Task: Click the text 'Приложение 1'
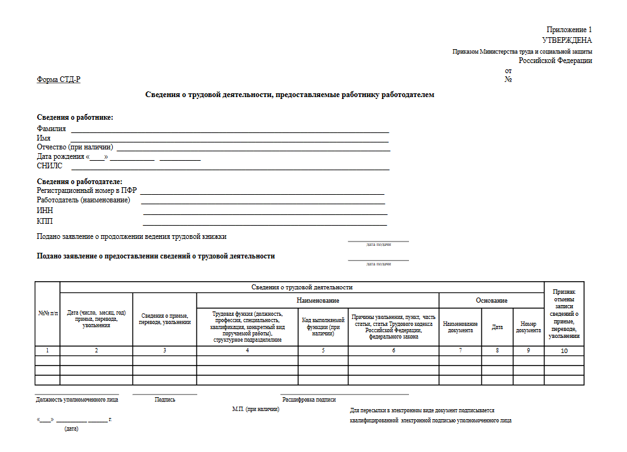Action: click(x=569, y=30)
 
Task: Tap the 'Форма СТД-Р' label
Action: click(x=59, y=79)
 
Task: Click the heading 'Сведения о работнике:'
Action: click(x=75, y=117)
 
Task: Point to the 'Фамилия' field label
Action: click(x=52, y=129)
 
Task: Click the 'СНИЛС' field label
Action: click(x=50, y=166)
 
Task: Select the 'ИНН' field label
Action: click(x=45, y=211)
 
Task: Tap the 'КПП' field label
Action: click(x=45, y=221)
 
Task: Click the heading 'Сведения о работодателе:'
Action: click(x=79, y=182)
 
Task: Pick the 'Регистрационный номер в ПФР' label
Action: click(x=87, y=190)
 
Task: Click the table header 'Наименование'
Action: click(x=318, y=301)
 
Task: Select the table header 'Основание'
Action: click(x=492, y=301)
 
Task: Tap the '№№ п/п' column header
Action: click(x=47, y=314)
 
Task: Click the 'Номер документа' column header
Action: click(x=528, y=327)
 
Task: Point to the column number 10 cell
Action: click(x=564, y=351)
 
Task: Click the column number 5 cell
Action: click(x=323, y=351)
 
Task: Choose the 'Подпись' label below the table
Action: click(x=165, y=400)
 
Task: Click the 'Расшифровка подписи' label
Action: click(x=309, y=400)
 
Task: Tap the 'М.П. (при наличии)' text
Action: click(x=256, y=409)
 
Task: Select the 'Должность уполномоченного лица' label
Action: click(x=77, y=400)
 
